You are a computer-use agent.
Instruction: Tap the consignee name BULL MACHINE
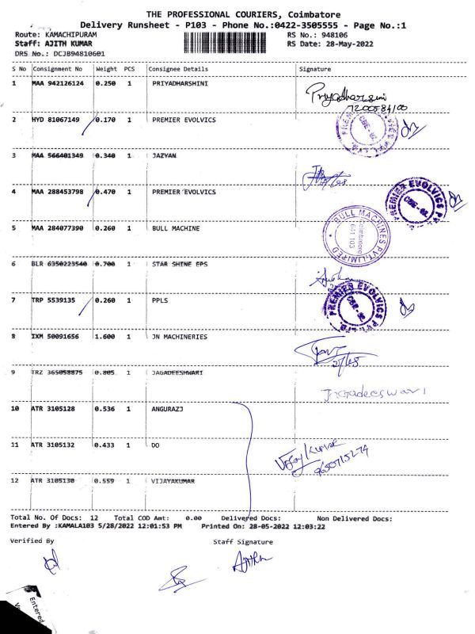(176, 228)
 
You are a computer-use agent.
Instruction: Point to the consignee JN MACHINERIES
(180, 337)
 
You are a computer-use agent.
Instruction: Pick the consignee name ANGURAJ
(169, 410)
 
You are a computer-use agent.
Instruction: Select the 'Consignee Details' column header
(178, 69)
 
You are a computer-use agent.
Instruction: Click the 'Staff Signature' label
(243, 541)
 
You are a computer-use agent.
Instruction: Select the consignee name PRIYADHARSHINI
(180, 83)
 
